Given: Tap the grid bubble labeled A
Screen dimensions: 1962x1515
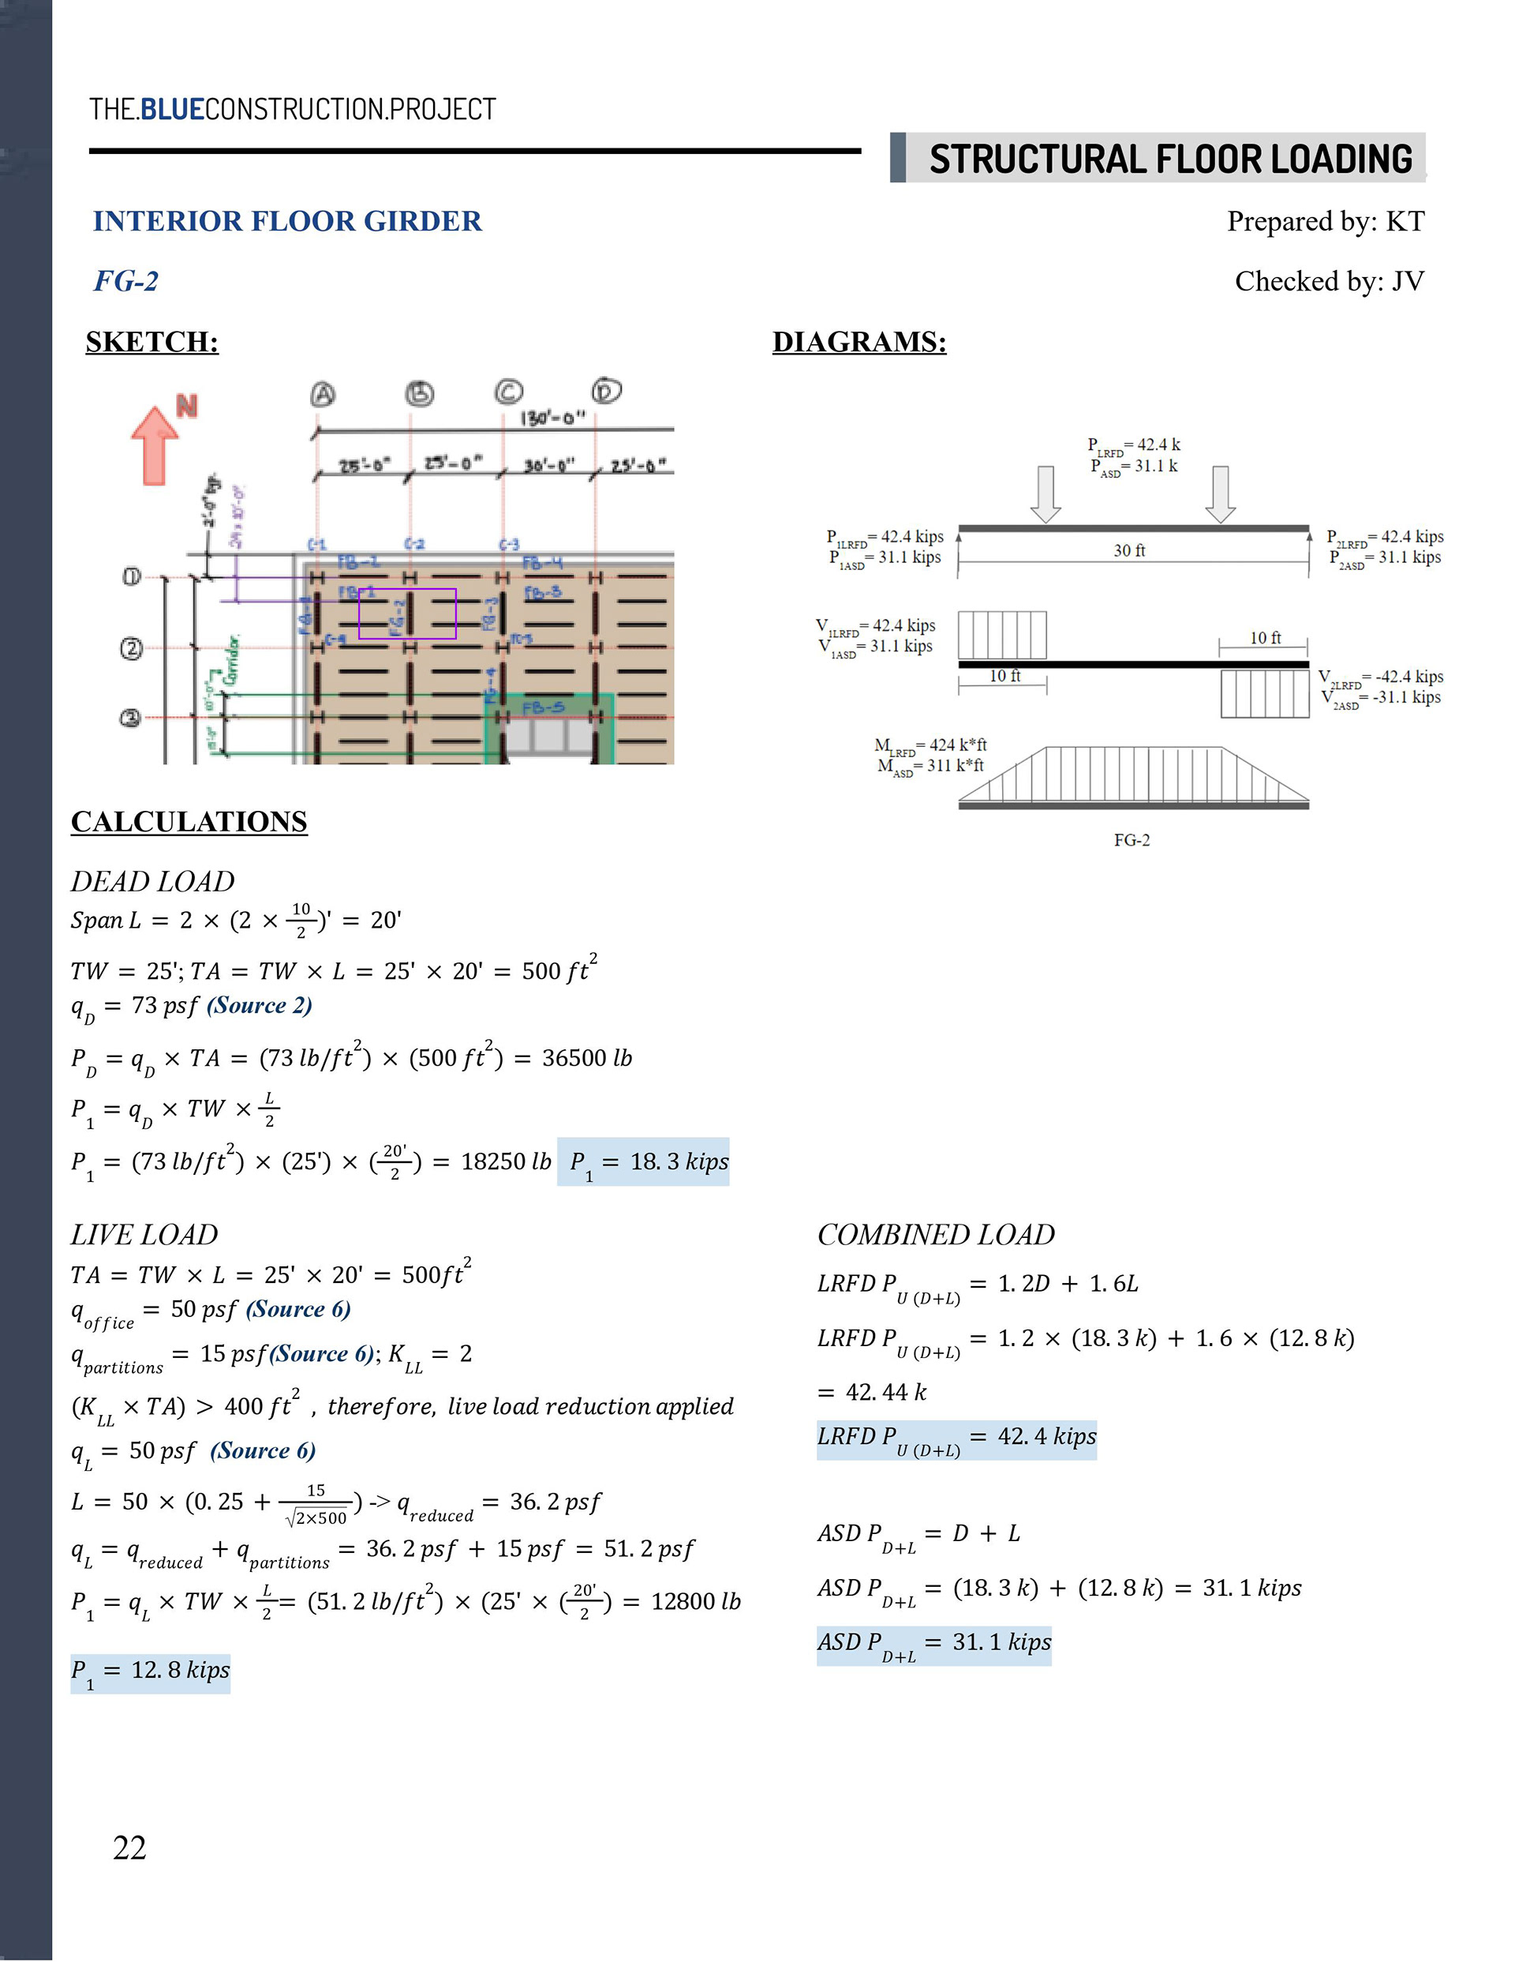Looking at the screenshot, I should [x=323, y=395].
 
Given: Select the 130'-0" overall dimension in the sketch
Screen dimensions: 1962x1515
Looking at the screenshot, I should [x=552, y=418].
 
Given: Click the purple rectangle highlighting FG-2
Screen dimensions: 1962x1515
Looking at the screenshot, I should [x=407, y=613].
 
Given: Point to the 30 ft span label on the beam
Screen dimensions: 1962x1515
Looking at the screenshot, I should [x=1129, y=550].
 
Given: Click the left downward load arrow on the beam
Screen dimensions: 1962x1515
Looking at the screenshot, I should [x=1046, y=493].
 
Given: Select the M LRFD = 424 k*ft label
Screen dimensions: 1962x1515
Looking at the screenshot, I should [x=930, y=745].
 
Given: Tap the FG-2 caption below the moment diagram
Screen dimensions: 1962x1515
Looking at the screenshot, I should [x=1132, y=840].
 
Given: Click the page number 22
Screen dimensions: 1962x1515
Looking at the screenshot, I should [x=129, y=1847].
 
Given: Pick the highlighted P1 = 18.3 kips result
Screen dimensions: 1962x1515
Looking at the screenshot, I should [x=643, y=1162].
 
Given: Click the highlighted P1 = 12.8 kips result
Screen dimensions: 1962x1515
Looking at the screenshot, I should [x=150, y=1671].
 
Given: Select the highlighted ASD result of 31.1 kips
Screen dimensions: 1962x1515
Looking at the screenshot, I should [x=934, y=1643].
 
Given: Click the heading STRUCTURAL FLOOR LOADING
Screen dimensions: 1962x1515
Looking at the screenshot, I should [x=1170, y=159].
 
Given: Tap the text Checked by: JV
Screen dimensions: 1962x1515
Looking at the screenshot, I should [x=1329, y=281].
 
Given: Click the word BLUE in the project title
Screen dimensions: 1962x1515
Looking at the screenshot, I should [x=173, y=110].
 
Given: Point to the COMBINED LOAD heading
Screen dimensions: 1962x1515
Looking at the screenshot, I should [x=936, y=1234].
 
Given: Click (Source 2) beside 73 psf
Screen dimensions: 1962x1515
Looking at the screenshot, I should [x=260, y=1005].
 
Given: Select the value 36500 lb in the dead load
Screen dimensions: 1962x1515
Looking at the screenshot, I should [x=586, y=1058].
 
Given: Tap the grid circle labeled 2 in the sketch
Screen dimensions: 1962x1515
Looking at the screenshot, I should [x=131, y=647].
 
